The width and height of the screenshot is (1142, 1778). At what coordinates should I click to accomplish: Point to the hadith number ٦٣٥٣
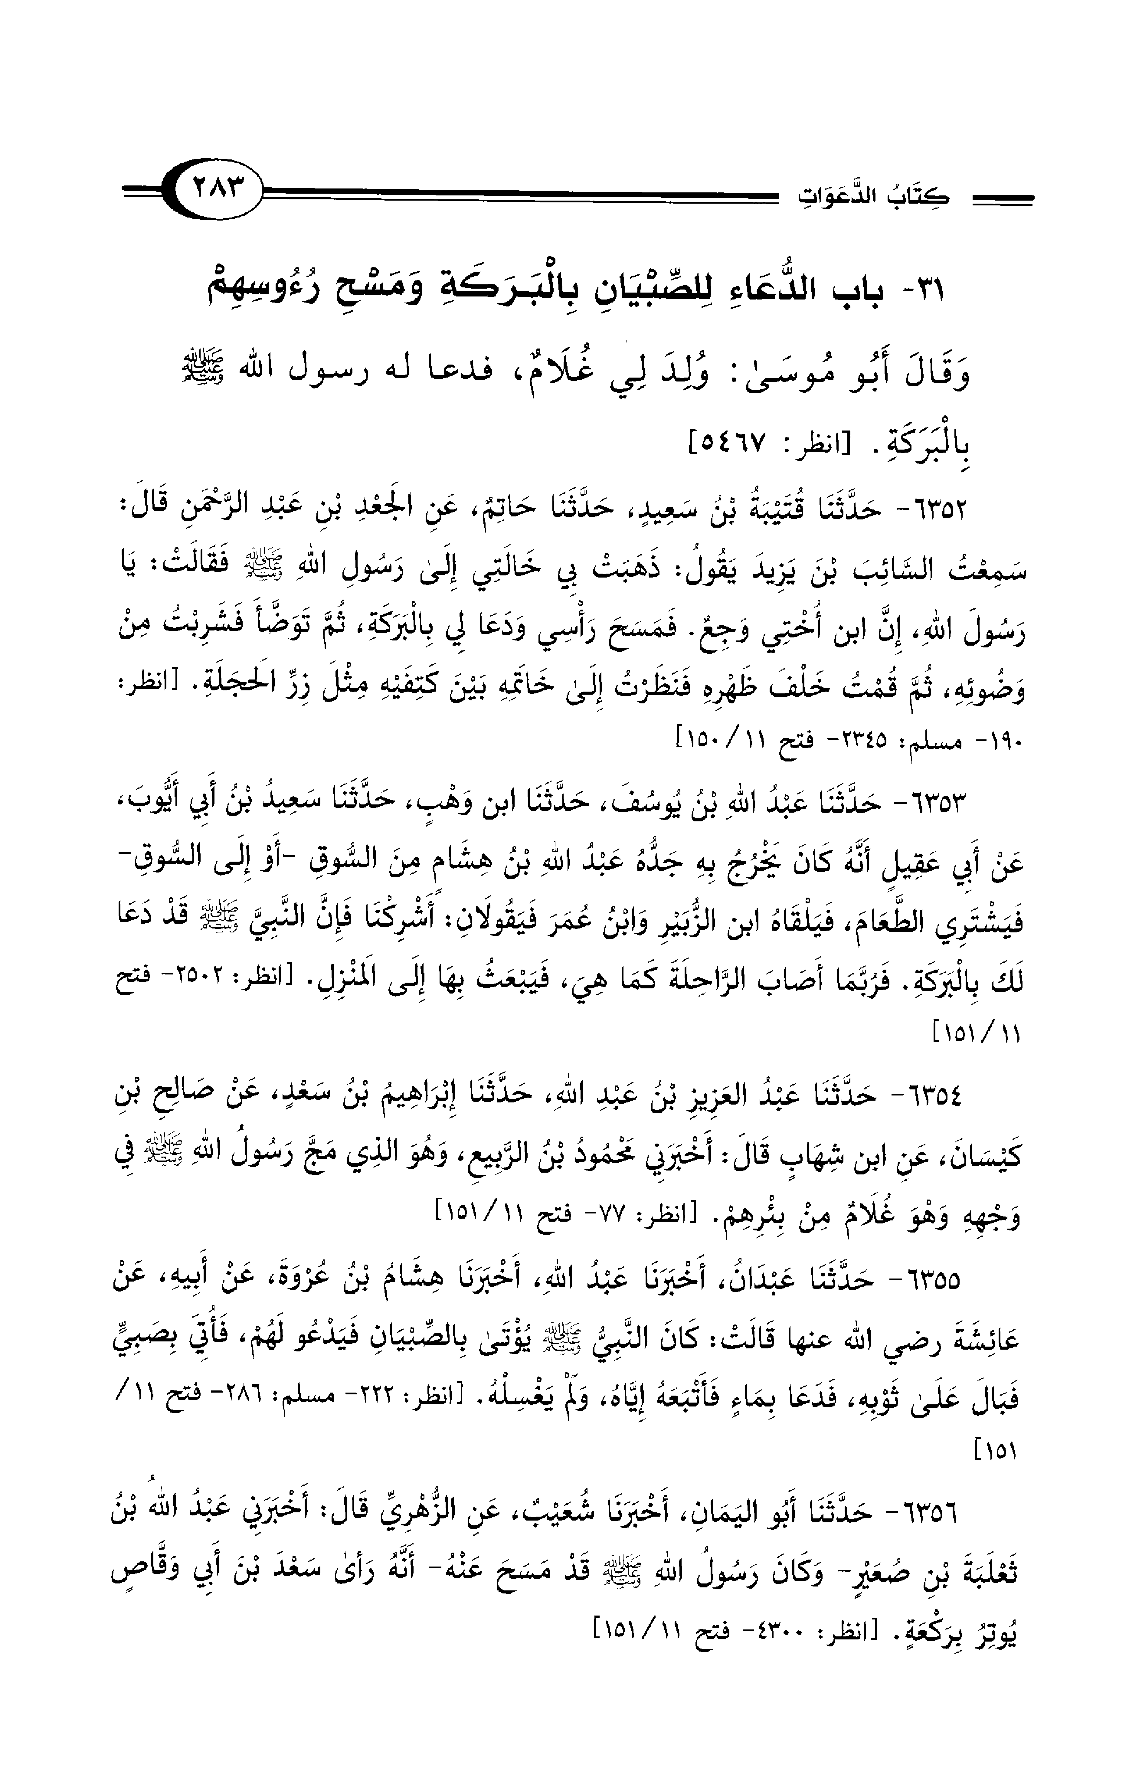pos(932,804)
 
